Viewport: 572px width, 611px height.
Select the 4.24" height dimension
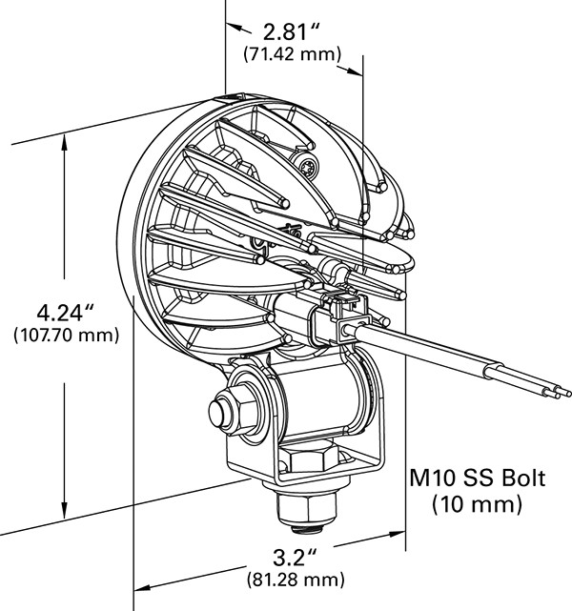tap(64, 313)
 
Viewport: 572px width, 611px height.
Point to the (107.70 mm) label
tap(66, 336)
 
